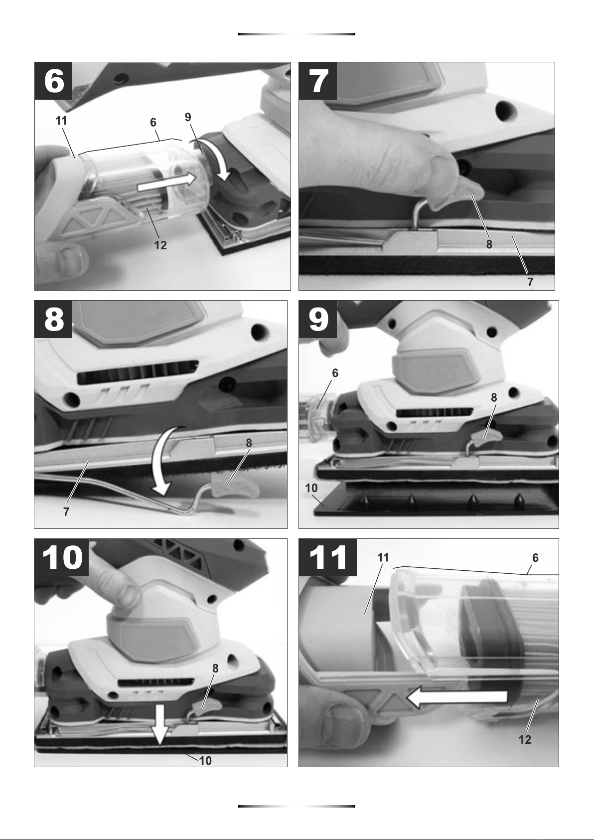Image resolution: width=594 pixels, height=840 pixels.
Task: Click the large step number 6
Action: [54, 81]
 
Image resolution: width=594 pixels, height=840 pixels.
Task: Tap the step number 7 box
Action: [318, 81]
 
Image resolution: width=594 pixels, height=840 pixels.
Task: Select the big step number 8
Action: [54, 320]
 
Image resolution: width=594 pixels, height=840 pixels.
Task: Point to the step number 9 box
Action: [318, 320]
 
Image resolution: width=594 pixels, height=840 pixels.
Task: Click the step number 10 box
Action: [62, 558]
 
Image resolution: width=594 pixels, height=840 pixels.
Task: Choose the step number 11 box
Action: [327, 558]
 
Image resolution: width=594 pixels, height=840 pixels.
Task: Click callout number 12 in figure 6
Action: [160, 245]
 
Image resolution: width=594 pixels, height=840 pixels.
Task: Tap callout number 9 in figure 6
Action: [188, 117]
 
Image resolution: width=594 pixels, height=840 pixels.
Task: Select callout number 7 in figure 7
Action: [530, 282]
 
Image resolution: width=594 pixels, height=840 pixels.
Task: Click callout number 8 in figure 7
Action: [489, 244]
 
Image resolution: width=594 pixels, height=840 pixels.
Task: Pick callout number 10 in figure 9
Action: [311, 488]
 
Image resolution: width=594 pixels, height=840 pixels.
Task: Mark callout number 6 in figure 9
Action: [335, 373]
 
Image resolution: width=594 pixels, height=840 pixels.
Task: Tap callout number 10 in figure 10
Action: [205, 761]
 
